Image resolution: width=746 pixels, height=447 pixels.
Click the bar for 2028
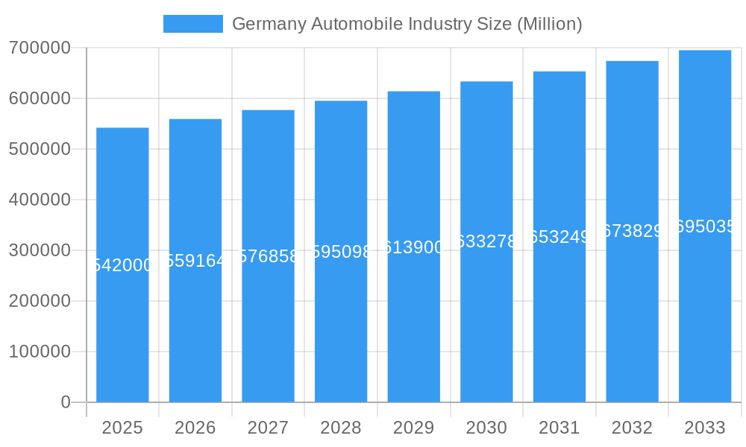pyautogui.click(x=341, y=328)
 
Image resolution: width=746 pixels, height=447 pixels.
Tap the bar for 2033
pyautogui.click(x=704, y=313)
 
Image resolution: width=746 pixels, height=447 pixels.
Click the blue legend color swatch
pyautogui.click(x=192, y=24)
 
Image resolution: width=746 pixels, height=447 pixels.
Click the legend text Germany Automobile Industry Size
pyautogui.click(x=407, y=24)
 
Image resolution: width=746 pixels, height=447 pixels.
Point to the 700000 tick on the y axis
pyautogui.click(x=40, y=48)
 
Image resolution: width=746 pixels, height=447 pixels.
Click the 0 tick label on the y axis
pyautogui.click(x=65, y=402)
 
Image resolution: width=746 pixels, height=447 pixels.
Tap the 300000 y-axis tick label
pyautogui.click(x=40, y=250)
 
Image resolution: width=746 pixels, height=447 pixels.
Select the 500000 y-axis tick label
pyautogui.click(x=40, y=149)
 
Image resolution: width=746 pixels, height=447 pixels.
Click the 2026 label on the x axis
pyautogui.click(x=195, y=428)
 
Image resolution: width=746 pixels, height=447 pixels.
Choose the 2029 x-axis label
pyautogui.click(x=413, y=428)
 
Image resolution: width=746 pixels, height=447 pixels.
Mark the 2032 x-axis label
pyautogui.click(x=632, y=428)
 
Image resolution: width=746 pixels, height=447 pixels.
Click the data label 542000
pyautogui.click(x=122, y=265)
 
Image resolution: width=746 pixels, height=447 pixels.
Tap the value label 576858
pyautogui.click(x=268, y=256)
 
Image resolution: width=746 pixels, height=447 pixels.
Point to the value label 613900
pyautogui.click(x=413, y=247)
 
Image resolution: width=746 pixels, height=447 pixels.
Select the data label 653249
pyautogui.click(x=559, y=237)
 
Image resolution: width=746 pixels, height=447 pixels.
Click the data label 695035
pyautogui.click(x=704, y=226)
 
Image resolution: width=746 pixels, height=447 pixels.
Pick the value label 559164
pyautogui.click(x=195, y=261)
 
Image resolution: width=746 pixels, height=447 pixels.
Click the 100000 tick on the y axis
pyautogui.click(x=40, y=352)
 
